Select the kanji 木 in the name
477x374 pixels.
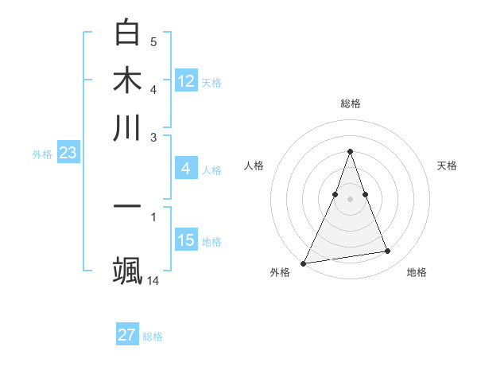(x=127, y=80)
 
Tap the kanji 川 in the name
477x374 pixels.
(x=127, y=127)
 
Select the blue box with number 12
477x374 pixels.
(x=186, y=80)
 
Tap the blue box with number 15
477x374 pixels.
(x=186, y=240)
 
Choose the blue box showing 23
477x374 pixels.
(x=68, y=154)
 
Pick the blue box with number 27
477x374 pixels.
(x=127, y=335)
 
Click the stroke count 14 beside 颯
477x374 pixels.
(x=153, y=280)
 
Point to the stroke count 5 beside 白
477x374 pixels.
(x=153, y=41)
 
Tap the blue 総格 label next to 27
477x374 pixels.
(x=153, y=337)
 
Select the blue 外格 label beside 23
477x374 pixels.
(x=42, y=155)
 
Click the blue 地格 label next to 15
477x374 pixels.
(x=211, y=242)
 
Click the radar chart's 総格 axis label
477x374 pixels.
(x=350, y=103)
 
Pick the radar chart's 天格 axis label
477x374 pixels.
(x=448, y=166)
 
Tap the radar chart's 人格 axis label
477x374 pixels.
(x=254, y=166)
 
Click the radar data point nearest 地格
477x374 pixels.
(x=388, y=251)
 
